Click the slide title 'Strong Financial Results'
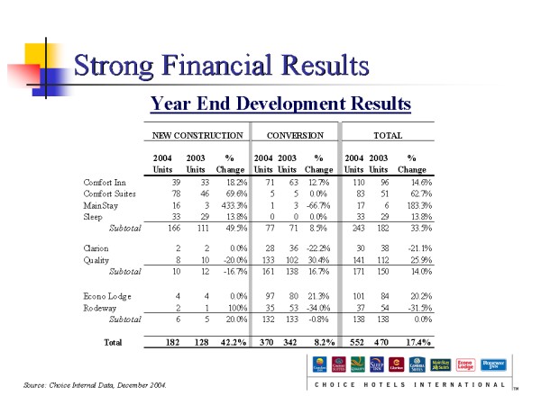point(221,65)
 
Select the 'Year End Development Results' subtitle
point(280,103)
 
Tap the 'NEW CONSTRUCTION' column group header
point(197,135)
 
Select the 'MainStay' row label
point(99,205)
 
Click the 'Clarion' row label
point(96,247)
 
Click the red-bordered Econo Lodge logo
point(464,364)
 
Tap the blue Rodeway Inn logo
point(492,364)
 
